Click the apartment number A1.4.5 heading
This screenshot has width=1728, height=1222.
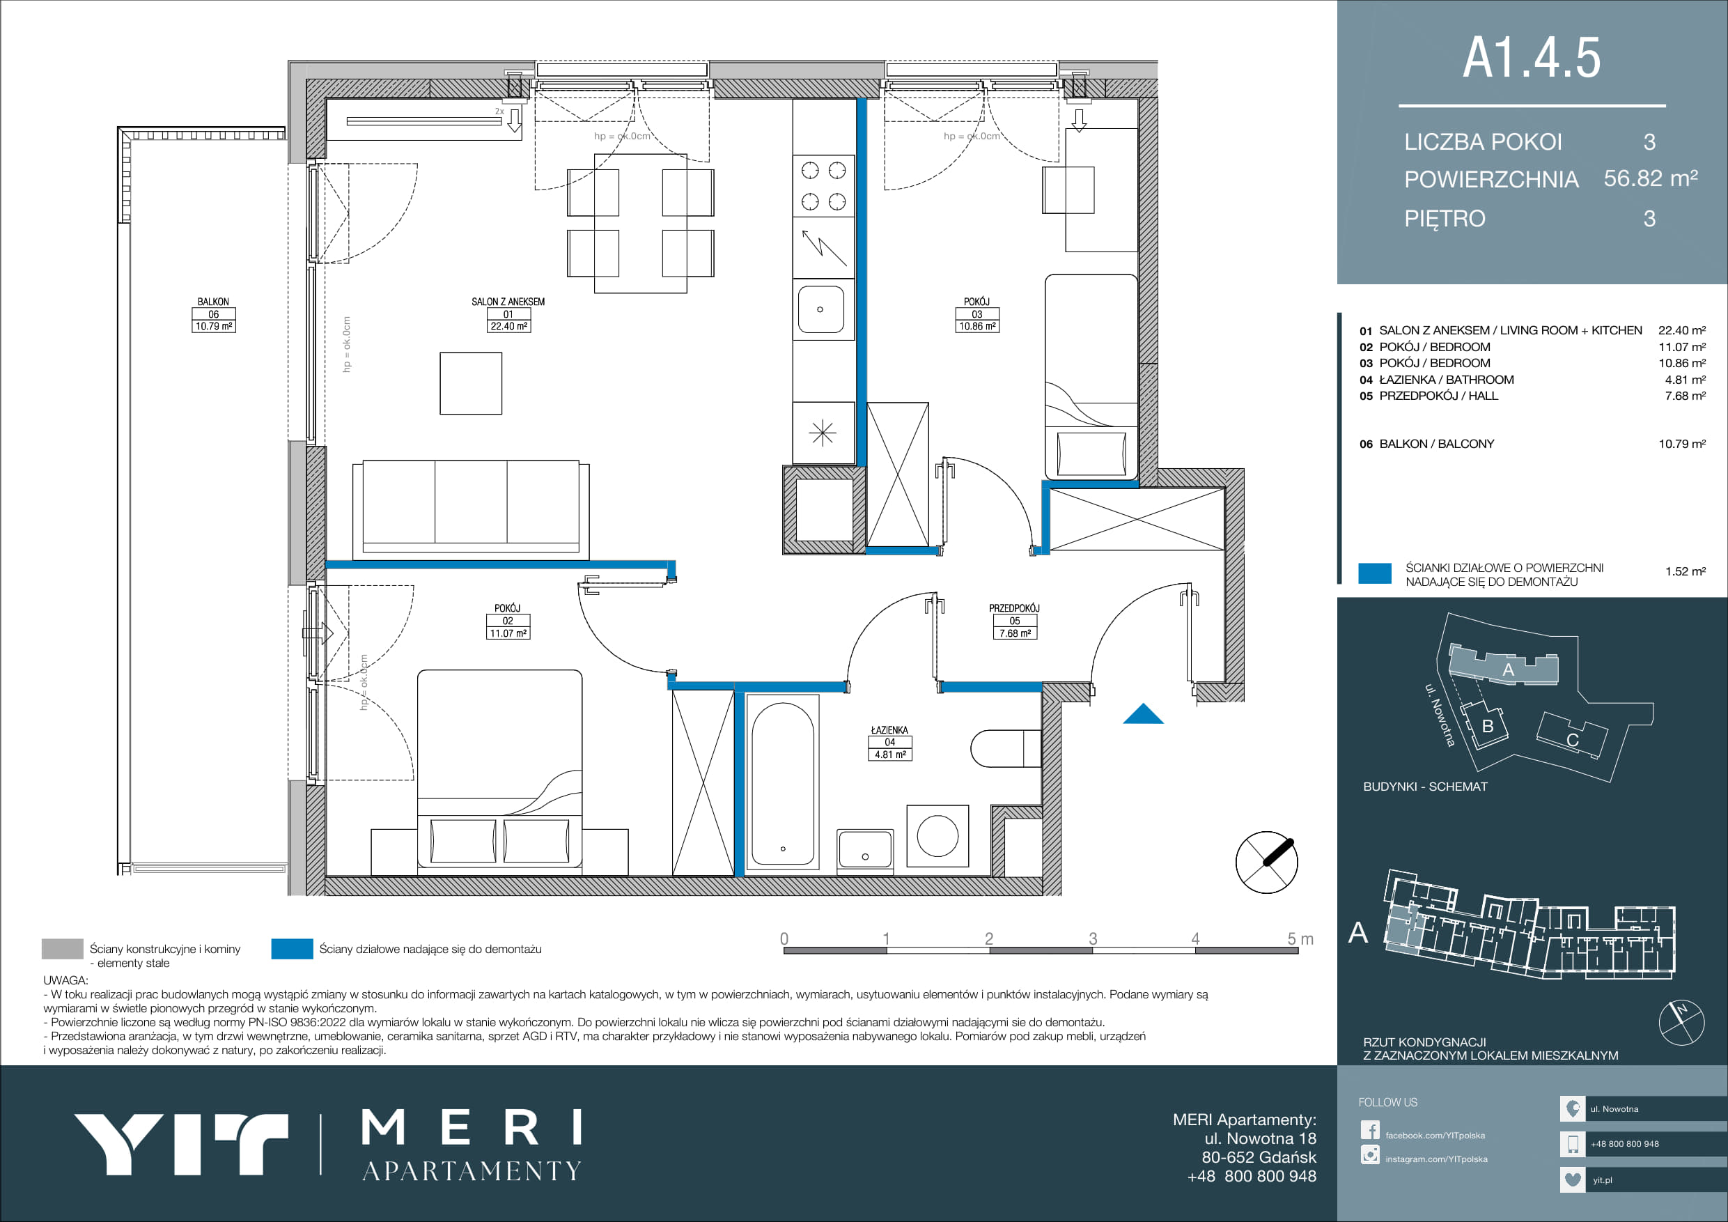click(1532, 58)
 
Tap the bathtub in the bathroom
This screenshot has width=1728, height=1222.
click(782, 784)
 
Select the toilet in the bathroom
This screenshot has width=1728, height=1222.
click(1006, 748)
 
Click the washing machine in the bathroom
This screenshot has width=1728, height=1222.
click(937, 836)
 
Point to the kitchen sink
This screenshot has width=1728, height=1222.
click(821, 309)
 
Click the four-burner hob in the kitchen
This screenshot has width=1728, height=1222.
click(823, 186)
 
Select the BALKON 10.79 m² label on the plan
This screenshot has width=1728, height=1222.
click(214, 314)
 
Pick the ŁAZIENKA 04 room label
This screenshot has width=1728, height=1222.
click(889, 743)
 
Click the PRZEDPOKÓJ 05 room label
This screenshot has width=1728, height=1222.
click(1015, 621)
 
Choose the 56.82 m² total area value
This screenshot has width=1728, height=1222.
click(1651, 178)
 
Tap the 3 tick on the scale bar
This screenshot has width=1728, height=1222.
click(1093, 939)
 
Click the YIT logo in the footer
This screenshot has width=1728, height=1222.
click(180, 1145)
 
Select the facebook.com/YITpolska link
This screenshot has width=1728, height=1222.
click(1435, 1136)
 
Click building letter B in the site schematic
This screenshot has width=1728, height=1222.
click(1487, 727)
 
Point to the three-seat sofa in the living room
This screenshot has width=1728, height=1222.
click(471, 507)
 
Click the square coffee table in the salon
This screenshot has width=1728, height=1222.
click(471, 383)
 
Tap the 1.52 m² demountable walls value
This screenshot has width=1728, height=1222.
click(1685, 571)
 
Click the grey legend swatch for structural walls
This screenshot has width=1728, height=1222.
click(63, 950)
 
